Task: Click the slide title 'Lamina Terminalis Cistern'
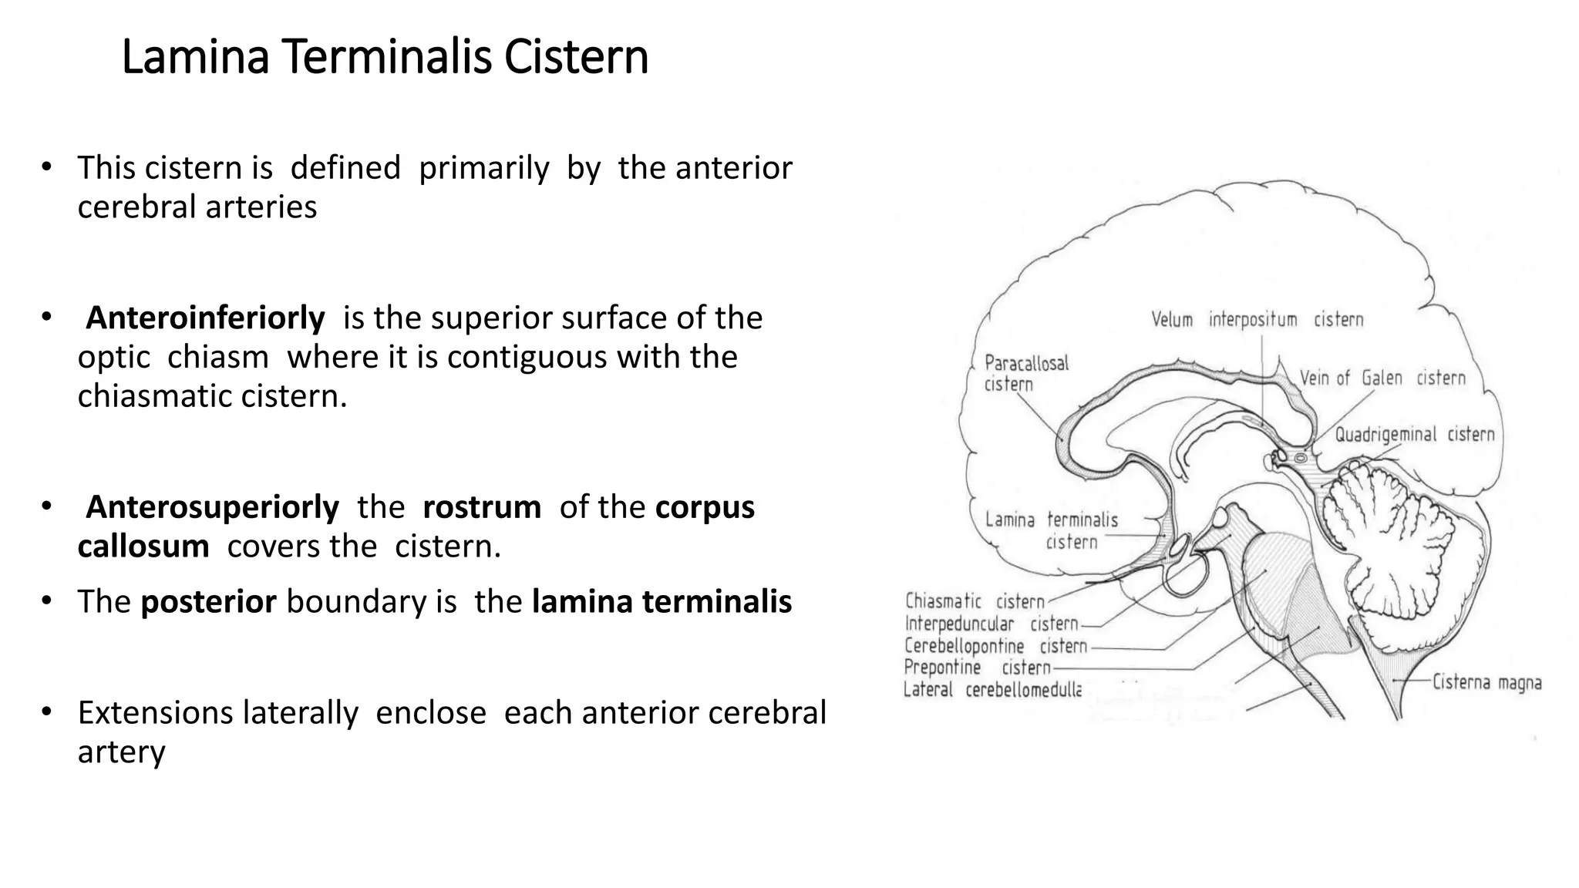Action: pyautogui.click(x=385, y=57)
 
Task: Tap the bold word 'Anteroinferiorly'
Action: pyautogui.click(x=205, y=318)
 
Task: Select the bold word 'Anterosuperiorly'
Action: pyautogui.click(x=212, y=507)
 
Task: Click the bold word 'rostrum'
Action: pyautogui.click(x=482, y=507)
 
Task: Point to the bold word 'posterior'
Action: pyautogui.click(x=208, y=602)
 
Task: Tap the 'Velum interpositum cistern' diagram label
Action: pyautogui.click(x=1257, y=320)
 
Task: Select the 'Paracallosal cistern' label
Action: pyautogui.click(x=1026, y=373)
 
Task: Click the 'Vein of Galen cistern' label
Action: pyautogui.click(x=1382, y=378)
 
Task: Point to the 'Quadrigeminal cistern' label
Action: pyautogui.click(x=1414, y=435)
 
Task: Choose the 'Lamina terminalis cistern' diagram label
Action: pyautogui.click(x=1052, y=530)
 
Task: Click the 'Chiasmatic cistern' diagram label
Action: pyautogui.click(x=975, y=601)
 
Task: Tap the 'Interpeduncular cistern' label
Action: pyautogui.click(x=992, y=624)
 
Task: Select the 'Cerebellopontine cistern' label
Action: pyautogui.click(x=995, y=646)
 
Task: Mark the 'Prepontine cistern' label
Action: pyautogui.click(x=977, y=668)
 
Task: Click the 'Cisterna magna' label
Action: pyautogui.click(x=1486, y=683)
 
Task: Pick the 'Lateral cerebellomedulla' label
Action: pyautogui.click(x=992, y=690)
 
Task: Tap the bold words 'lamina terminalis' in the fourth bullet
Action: pyautogui.click(x=662, y=602)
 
